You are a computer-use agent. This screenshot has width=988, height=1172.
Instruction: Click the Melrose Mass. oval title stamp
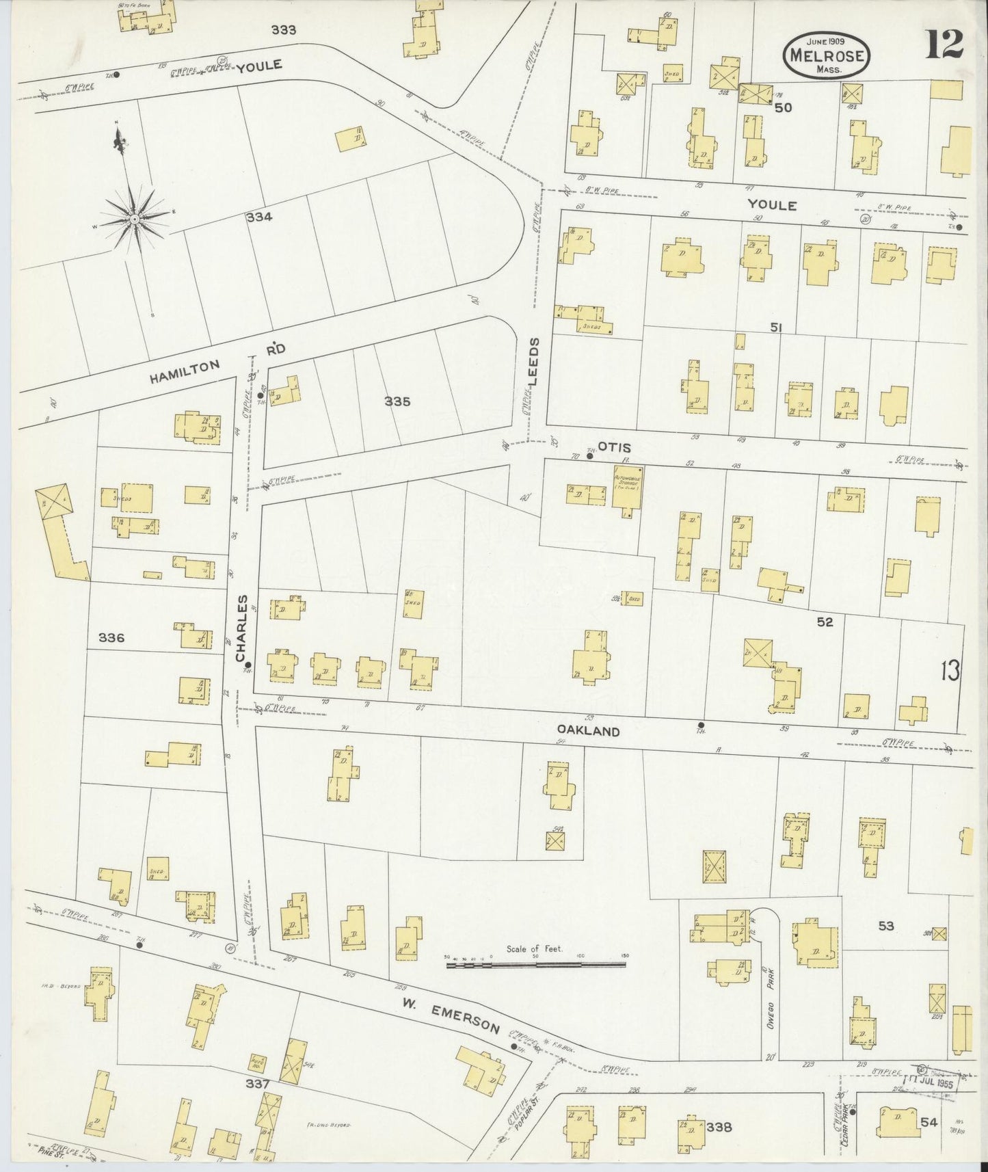pos(827,50)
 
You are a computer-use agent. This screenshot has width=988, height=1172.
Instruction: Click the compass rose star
pos(135,218)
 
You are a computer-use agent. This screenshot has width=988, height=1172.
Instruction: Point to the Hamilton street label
pos(185,373)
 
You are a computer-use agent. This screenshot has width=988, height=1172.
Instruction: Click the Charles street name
pos(241,628)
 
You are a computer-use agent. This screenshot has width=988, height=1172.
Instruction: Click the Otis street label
pos(613,447)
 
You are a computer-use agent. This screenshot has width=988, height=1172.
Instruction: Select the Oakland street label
pos(592,731)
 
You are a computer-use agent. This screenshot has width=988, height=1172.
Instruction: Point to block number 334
pos(260,217)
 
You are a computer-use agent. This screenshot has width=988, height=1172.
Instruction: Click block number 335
pos(397,401)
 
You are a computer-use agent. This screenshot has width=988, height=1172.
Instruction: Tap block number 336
pos(111,637)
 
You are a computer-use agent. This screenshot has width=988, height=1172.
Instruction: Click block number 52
pos(825,622)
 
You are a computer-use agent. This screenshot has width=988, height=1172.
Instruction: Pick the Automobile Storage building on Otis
pos(627,488)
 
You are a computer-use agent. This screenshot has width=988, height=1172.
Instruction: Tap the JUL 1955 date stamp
pos(935,1079)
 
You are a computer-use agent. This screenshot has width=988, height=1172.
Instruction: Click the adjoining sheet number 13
pos(949,671)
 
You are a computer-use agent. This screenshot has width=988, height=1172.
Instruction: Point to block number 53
pos(885,926)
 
